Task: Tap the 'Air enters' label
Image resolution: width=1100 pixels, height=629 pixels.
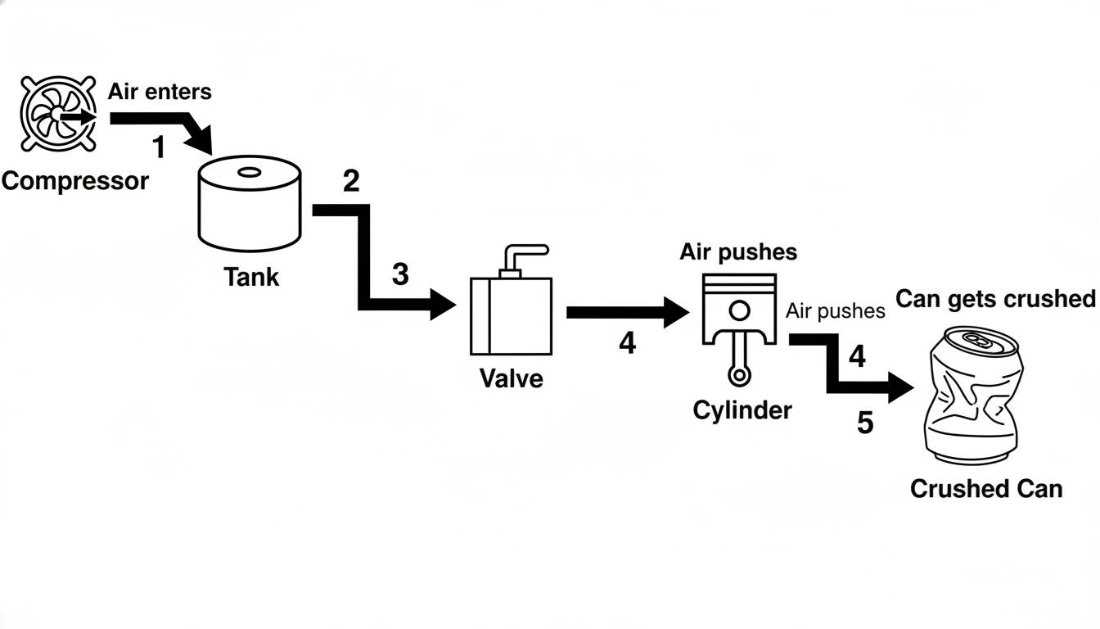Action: pyautogui.click(x=160, y=91)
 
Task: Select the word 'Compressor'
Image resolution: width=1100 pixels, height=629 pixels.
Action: pyautogui.click(x=74, y=181)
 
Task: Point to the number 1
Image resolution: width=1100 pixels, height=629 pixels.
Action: pyautogui.click(x=159, y=148)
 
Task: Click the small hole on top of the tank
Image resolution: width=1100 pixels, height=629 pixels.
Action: pyautogui.click(x=248, y=173)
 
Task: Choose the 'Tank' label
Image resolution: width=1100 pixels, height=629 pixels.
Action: pyautogui.click(x=251, y=277)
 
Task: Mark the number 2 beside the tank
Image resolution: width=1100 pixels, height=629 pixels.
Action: pyautogui.click(x=350, y=181)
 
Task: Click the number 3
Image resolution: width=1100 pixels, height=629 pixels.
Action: pyautogui.click(x=399, y=274)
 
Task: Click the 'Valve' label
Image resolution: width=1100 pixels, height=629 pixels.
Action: pyautogui.click(x=511, y=378)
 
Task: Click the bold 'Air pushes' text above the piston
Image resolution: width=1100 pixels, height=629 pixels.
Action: pyautogui.click(x=738, y=252)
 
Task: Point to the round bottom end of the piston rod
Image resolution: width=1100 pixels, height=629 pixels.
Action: pyautogui.click(x=739, y=376)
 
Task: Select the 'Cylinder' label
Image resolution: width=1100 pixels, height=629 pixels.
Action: pyautogui.click(x=742, y=410)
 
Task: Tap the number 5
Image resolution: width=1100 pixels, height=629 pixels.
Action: pyautogui.click(x=865, y=423)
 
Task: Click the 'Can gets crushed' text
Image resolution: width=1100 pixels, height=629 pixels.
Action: pyautogui.click(x=995, y=299)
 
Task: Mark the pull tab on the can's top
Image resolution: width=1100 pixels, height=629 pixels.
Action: pyautogui.click(x=976, y=338)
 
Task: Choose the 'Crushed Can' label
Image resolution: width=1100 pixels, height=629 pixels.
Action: pyautogui.click(x=985, y=489)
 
